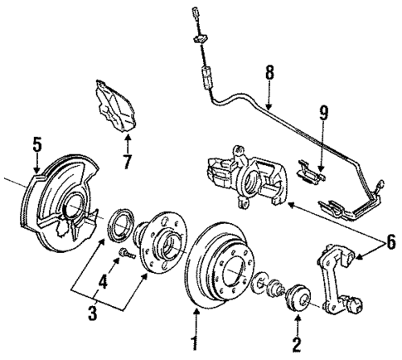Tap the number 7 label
point(127,160)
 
